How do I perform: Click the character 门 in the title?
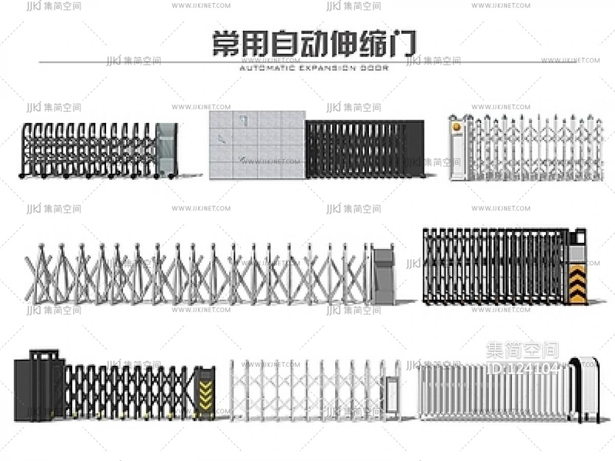(404, 43)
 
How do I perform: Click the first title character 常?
(225, 43)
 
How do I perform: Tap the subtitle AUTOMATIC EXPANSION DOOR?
(314, 67)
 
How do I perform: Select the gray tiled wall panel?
(256, 145)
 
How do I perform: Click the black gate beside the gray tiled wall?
(365, 149)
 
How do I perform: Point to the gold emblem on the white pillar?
(457, 127)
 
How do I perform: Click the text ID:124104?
(524, 368)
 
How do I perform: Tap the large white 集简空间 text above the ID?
(523, 351)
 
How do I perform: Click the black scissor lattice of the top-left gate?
(88, 149)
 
